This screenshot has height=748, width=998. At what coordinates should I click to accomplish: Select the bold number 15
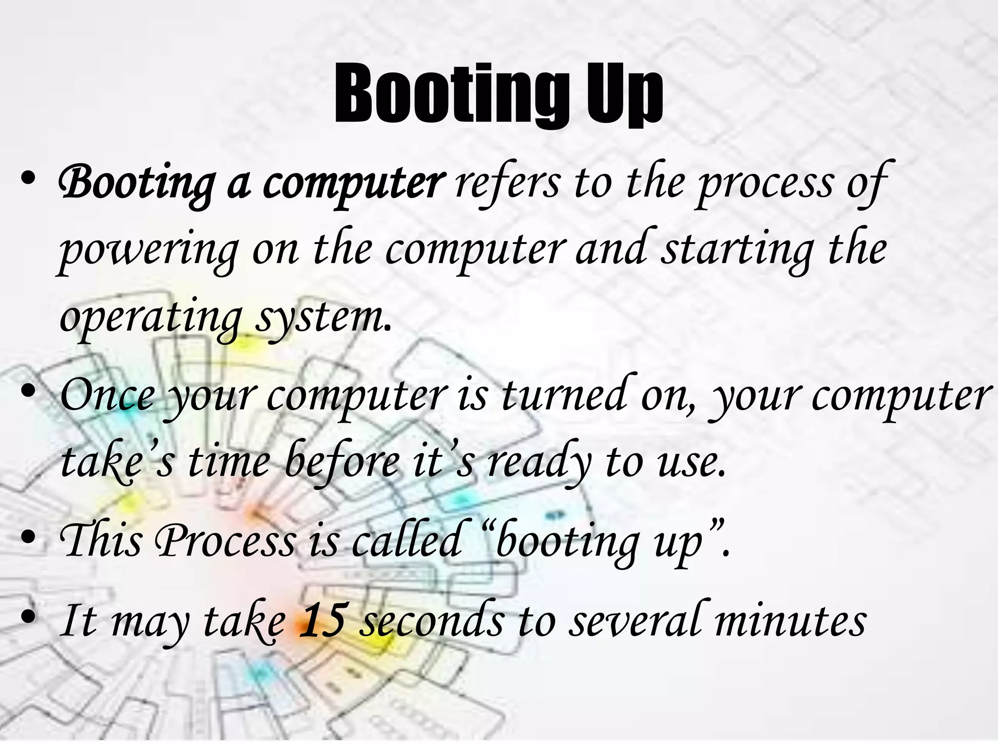tap(323, 620)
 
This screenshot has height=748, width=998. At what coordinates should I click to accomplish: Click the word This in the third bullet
tap(100, 541)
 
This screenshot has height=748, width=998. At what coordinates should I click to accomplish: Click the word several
tap(635, 620)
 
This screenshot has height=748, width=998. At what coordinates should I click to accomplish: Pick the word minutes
tap(790, 621)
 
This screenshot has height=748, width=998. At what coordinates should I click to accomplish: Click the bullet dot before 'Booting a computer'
tap(29, 178)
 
